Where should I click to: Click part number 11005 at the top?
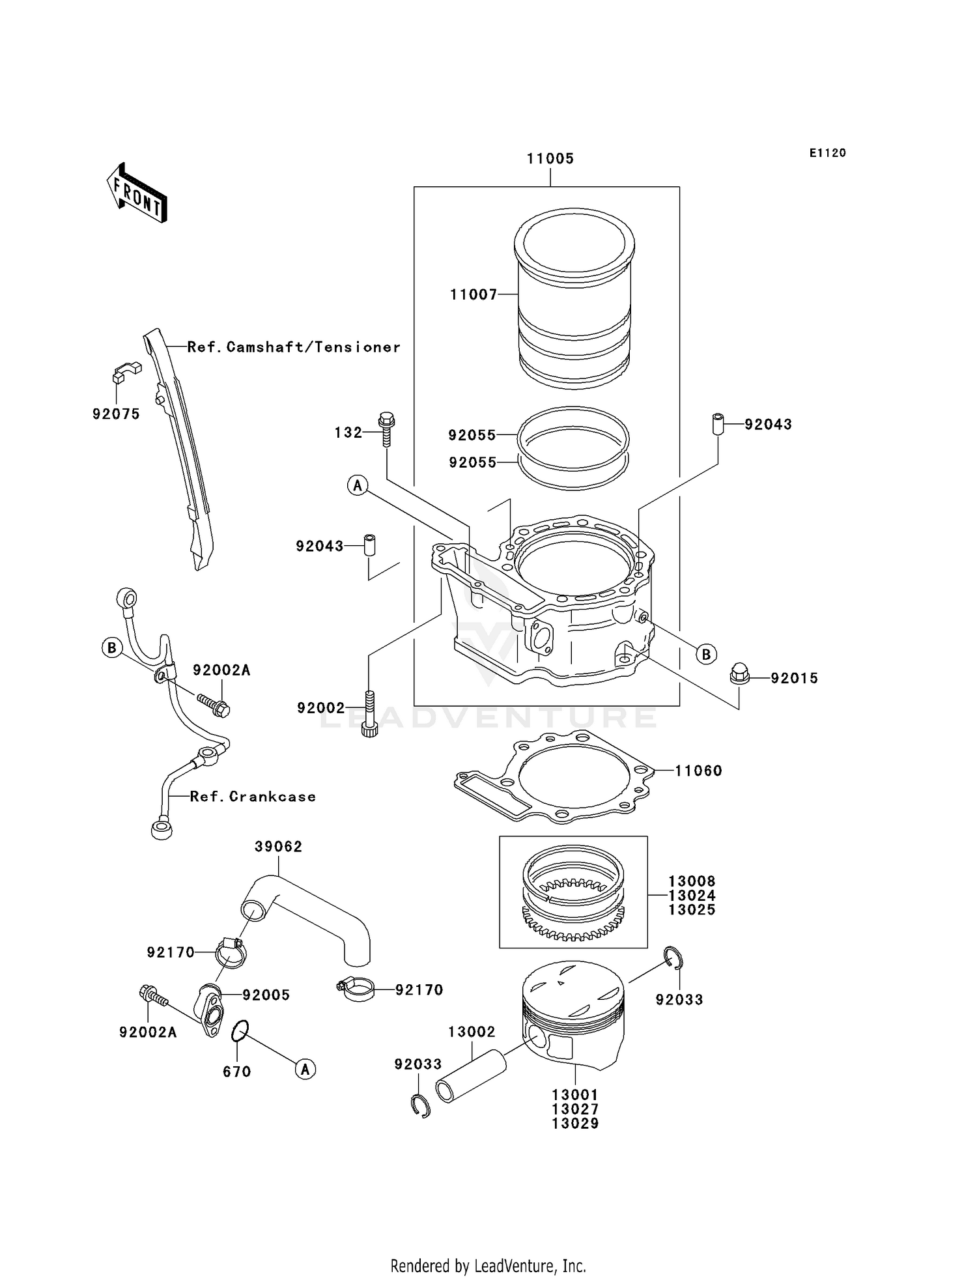coord(550,159)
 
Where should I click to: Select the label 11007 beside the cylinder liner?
coord(474,295)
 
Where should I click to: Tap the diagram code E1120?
coord(827,153)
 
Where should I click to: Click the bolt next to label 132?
coord(386,429)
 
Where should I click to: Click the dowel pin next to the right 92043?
coord(718,424)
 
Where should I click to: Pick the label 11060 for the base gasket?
coord(698,771)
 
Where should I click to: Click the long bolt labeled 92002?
coord(369,714)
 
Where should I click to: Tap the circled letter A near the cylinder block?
coord(358,485)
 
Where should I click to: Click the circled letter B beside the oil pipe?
coord(112,647)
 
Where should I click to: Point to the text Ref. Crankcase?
coord(253,797)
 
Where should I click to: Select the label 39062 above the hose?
coord(278,847)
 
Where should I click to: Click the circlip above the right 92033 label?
coord(675,958)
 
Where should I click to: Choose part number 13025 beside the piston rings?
coord(692,910)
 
